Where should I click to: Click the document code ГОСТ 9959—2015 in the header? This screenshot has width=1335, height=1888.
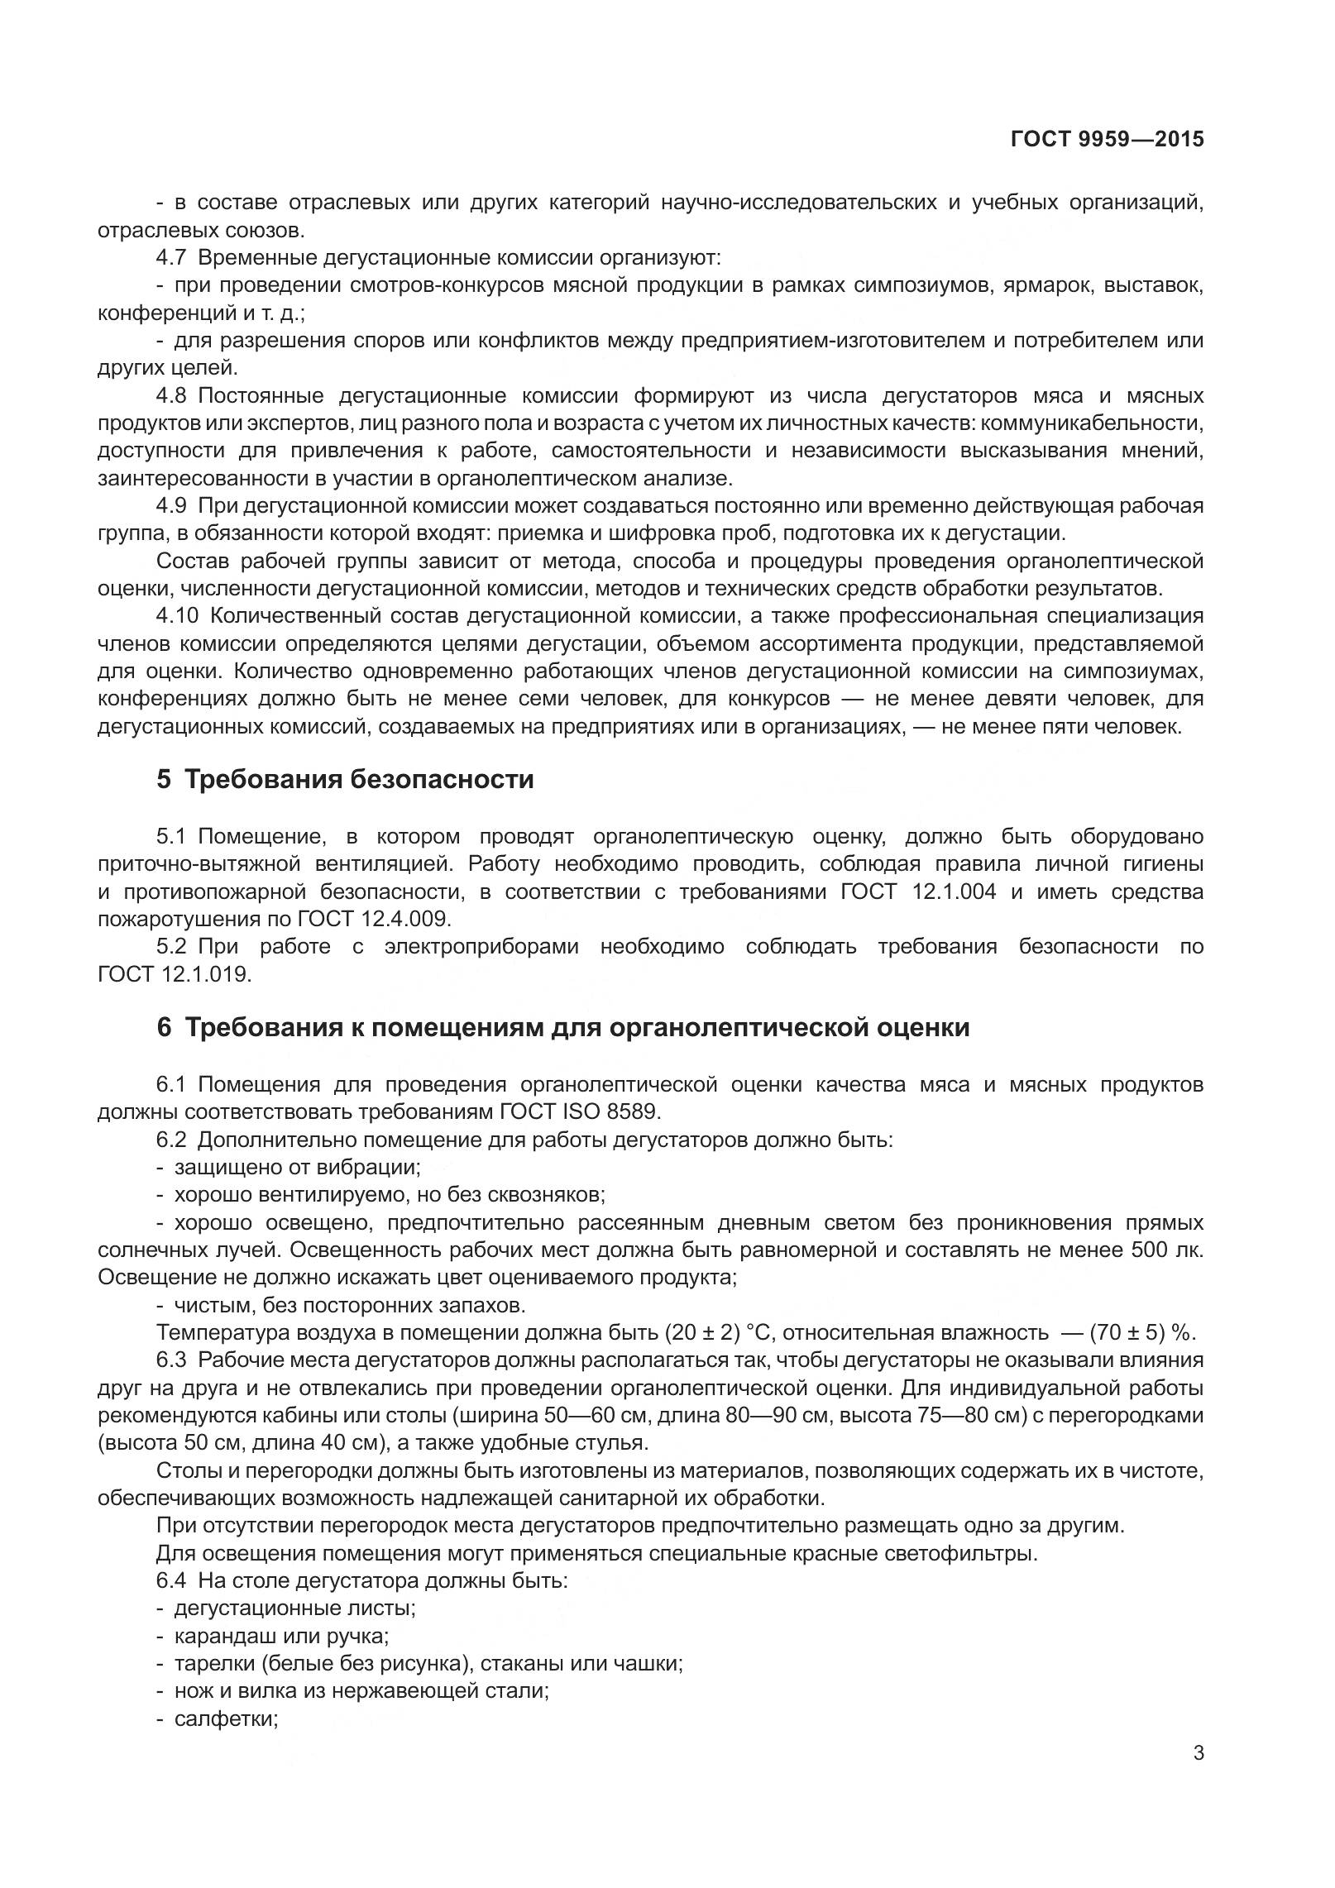pyautogui.click(x=1107, y=139)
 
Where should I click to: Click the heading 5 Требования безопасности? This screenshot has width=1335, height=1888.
pyautogui.click(x=345, y=779)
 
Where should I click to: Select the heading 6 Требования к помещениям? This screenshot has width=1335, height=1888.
pyautogui.click(x=562, y=1028)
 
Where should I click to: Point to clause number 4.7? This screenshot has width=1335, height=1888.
pyautogui.click(x=171, y=257)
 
